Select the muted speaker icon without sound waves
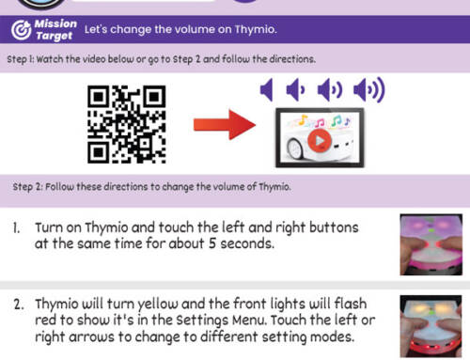click(x=267, y=91)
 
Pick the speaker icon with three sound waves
click(x=369, y=91)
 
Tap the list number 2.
click(x=18, y=305)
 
